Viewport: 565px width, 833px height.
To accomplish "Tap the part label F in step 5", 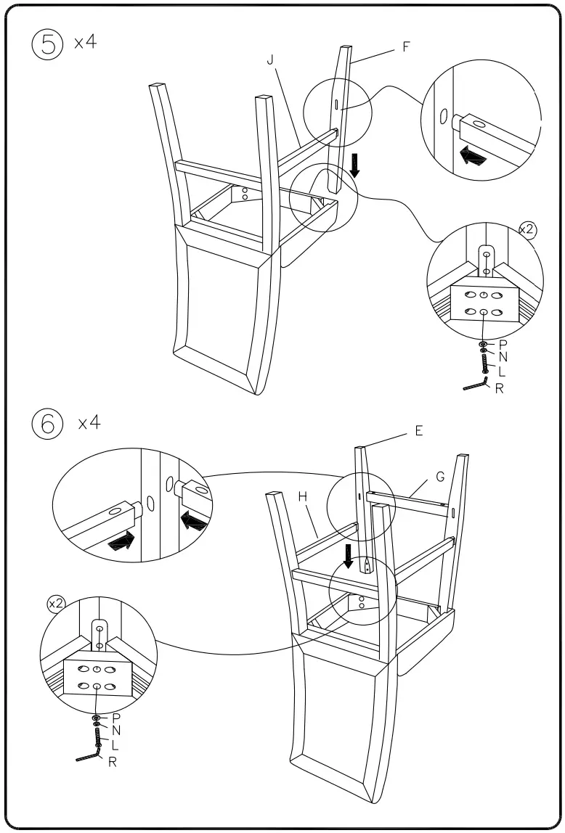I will (x=406, y=49).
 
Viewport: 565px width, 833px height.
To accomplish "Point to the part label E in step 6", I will (x=419, y=431).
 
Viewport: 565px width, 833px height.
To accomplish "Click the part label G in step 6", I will (x=440, y=477).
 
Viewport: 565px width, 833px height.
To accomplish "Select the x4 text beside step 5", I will (x=85, y=42).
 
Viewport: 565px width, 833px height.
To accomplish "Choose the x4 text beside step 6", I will (x=89, y=423).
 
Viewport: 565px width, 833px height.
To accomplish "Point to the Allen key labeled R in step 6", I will (x=89, y=756).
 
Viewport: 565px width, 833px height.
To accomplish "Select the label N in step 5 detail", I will (x=503, y=358).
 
